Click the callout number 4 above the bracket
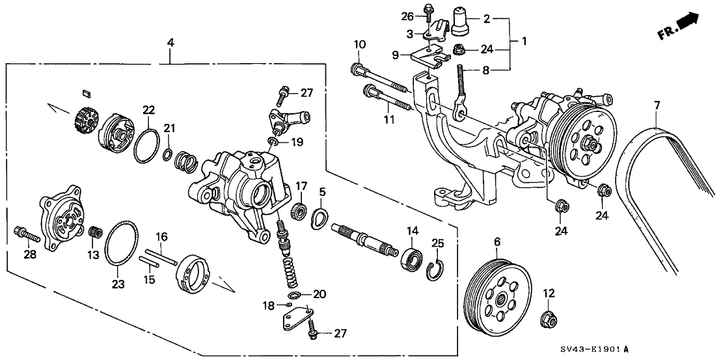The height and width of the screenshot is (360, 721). tap(170, 44)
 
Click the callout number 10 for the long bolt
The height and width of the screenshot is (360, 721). tap(359, 45)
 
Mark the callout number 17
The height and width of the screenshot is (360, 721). tap(301, 186)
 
